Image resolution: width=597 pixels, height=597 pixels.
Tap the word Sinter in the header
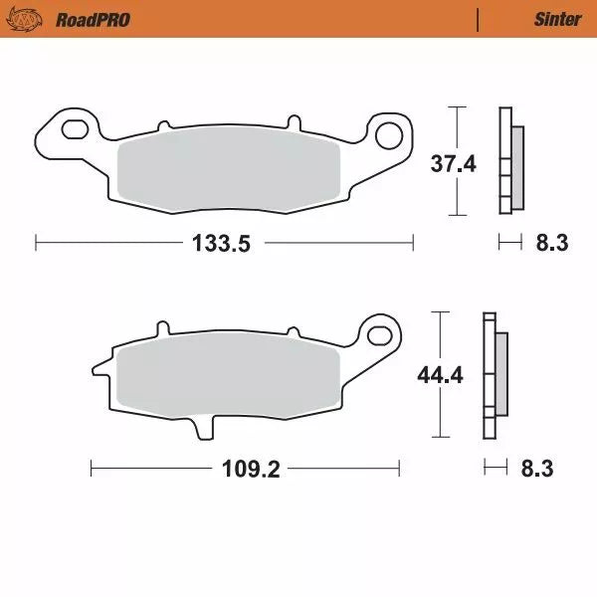[x=557, y=19]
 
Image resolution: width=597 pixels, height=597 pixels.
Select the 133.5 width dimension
[x=226, y=242]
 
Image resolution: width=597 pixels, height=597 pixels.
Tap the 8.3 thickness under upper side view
[x=551, y=242]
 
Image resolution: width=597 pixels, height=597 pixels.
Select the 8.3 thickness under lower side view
[x=537, y=468]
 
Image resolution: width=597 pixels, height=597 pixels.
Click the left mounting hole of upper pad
[x=73, y=128]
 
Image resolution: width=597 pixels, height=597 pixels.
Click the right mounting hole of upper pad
[x=390, y=130]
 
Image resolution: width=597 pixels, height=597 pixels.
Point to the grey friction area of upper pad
[x=229, y=175]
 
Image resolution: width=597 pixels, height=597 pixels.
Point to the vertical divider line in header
[x=479, y=19]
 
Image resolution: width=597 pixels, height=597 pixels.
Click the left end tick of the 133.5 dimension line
[x=36, y=242]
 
